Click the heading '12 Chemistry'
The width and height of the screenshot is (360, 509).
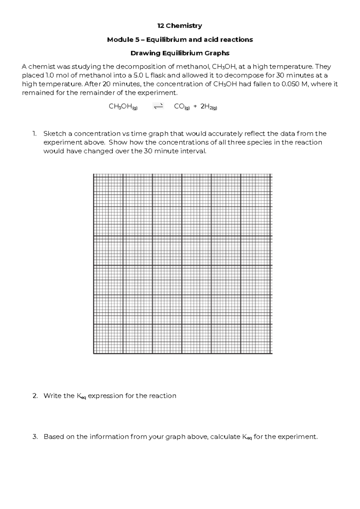(180, 26)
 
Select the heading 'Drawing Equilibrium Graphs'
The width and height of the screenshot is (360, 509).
(180, 53)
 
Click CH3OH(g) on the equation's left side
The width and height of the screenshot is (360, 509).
(123, 107)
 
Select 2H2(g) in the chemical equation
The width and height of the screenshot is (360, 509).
(208, 107)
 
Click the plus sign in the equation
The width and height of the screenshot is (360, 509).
(195, 107)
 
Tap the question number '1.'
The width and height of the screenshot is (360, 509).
(34, 134)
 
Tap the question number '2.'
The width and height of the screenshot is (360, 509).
(35, 396)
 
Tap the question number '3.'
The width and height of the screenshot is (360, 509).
(35, 437)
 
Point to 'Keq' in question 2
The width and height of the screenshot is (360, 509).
(81, 396)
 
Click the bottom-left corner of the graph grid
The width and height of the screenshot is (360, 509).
(94, 354)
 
